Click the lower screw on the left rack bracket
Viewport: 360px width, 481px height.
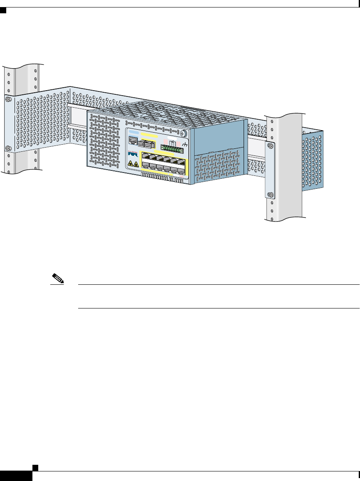(7, 148)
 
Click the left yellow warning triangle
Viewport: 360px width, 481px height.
(130, 164)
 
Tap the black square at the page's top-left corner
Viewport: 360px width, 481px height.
(3, 9)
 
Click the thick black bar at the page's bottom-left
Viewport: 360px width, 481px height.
(16, 476)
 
